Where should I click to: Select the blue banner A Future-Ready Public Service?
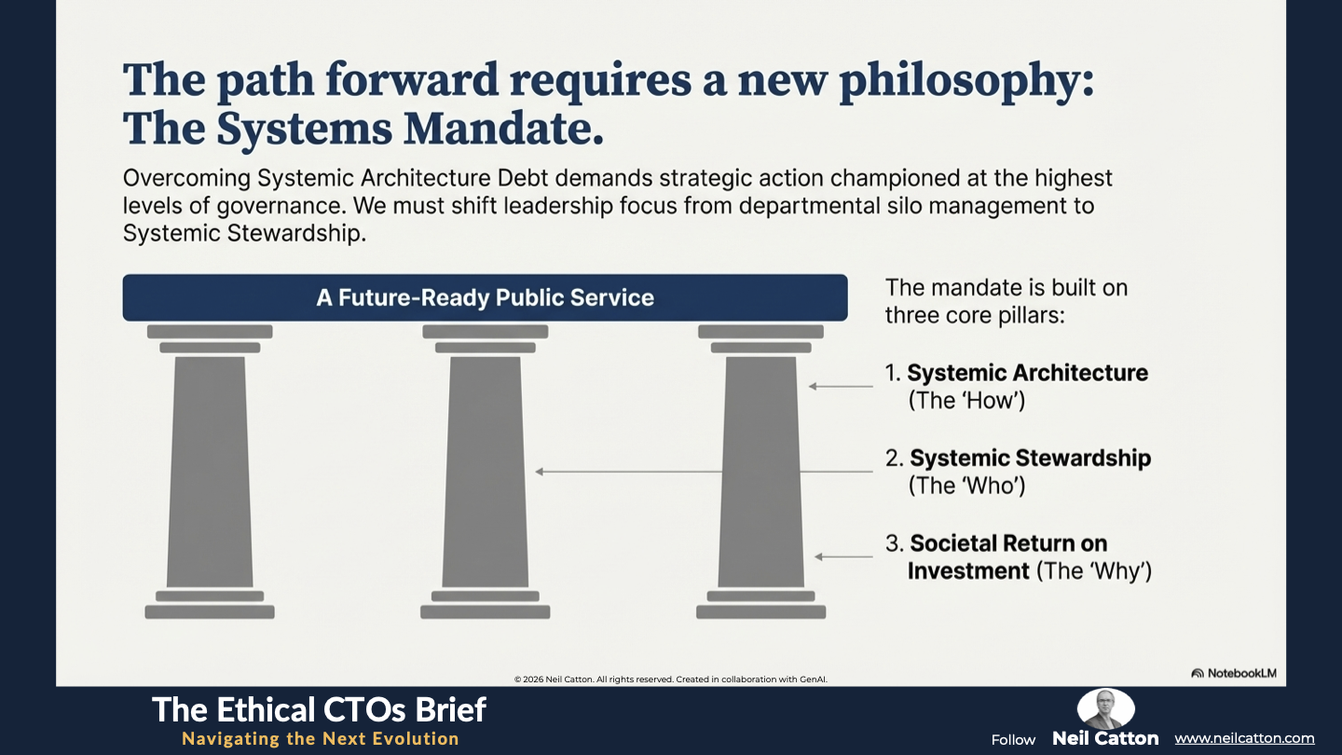(x=486, y=298)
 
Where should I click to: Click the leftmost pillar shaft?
(x=210, y=473)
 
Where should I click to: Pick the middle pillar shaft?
(x=486, y=473)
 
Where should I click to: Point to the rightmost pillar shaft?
(x=760, y=473)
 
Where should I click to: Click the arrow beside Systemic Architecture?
(x=841, y=387)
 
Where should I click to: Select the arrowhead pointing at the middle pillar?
(x=540, y=473)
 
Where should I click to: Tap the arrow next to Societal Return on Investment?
(x=843, y=557)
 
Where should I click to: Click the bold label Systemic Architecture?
(x=1027, y=373)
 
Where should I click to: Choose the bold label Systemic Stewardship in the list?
(x=1031, y=459)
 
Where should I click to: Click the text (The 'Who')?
(x=967, y=486)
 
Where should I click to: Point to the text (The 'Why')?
(x=1094, y=571)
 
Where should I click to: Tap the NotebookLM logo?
(x=1234, y=674)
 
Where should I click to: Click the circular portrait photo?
(x=1106, y=708)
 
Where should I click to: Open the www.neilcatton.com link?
(x=1244, y=738)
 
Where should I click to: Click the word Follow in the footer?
(x=1013, y=740)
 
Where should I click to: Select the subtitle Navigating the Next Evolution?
(x=321, y=739)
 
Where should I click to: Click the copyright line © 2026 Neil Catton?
(x=670, y=679)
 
